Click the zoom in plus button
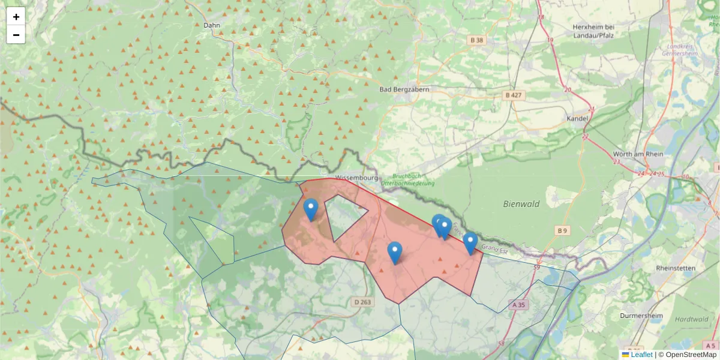(16, 16)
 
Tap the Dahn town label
(212, 25)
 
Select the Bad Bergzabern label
(404, 89)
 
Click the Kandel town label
(577, 119)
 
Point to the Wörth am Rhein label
(638, 154)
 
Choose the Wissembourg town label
(356, 178)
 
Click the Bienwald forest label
(521, 204)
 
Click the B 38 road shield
(476, 40)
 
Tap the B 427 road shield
(514, 95)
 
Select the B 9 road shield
(562, 230)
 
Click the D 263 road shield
(363, 302)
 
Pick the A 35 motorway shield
(518, 305)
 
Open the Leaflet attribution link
(641, 355)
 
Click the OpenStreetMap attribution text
(691, 355)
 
